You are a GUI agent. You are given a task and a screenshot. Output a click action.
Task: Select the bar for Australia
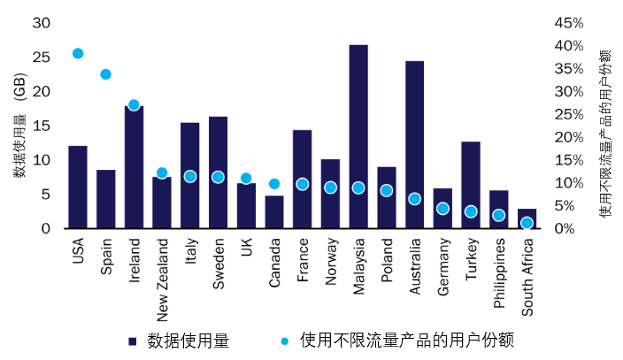click(x=414, y=145)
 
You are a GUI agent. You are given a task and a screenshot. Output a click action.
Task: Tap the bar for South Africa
click(x=527, y=218)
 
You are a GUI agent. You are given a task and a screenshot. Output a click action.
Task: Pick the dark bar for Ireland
click(x=134, y=168)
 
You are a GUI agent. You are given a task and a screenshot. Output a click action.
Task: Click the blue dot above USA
click(x=78, y=53)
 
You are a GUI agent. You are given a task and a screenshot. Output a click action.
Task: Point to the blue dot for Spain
click(x=105, y=74)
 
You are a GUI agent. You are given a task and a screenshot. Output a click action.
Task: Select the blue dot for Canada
click(x=274, y=184)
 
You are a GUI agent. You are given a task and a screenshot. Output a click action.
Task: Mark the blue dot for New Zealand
click(x=162, y=173)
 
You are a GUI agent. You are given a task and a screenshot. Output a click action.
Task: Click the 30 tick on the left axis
click(x=41, y=23)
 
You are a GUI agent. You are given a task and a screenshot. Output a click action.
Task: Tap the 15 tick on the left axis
click(x=41, y=126)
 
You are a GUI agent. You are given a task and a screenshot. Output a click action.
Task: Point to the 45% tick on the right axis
click(x=568, y=23)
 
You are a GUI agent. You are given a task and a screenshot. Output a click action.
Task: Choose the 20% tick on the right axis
click(x=568, y=137)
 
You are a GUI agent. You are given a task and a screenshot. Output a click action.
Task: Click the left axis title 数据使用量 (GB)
click(x=19, y=126)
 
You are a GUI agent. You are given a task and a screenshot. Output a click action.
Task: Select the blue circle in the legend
click(x=286, y=341)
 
